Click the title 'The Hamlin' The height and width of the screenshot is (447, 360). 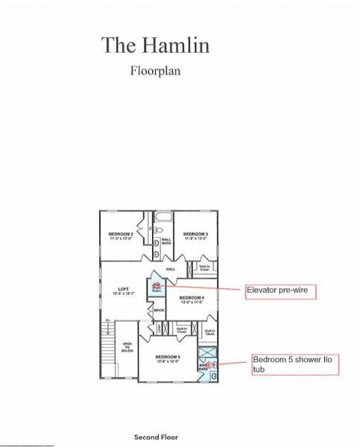point(155,45)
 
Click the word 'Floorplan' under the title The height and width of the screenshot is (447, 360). point(155,72)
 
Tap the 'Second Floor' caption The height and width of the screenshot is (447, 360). point(156,437)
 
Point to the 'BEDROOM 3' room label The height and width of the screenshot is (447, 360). point(195,235)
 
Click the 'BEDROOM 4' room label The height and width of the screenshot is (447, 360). point(192,299)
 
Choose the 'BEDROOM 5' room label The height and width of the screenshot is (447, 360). point(168,358)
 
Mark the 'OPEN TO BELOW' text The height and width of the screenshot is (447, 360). point(127,346)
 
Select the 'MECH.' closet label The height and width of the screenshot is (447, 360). point(159,310)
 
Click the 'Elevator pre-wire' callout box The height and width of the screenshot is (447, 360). point(281,291)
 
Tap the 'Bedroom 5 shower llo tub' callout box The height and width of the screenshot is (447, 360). point(294,364)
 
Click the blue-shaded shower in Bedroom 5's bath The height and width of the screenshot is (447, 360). point(206,354)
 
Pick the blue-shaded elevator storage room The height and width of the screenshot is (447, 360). point(157,286)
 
